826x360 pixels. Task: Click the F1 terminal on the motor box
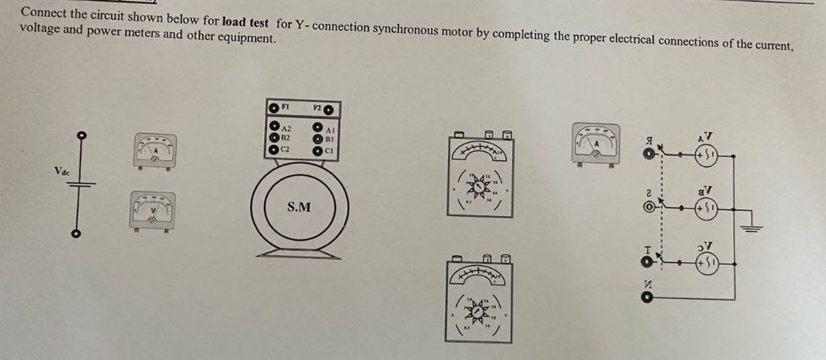click(273, 108)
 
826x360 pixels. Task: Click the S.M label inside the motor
click(299, 208)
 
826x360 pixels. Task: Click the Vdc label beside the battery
click(63, 171)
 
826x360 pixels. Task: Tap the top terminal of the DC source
click(80, 135)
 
